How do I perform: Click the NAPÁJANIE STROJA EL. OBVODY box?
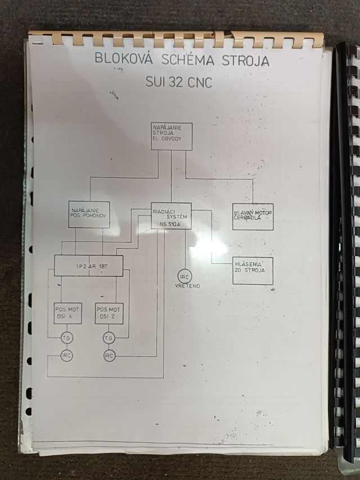171,137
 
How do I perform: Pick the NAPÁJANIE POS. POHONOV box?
89,214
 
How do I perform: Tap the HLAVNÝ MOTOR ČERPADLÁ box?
253,217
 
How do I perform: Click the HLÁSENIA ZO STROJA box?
253,271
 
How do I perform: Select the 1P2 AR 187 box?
88,266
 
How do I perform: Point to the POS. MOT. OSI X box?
68,314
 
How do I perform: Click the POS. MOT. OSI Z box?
109,314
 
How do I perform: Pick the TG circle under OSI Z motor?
109,338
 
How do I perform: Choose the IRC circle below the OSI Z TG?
109,356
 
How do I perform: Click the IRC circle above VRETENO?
184,276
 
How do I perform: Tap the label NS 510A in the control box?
170,224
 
